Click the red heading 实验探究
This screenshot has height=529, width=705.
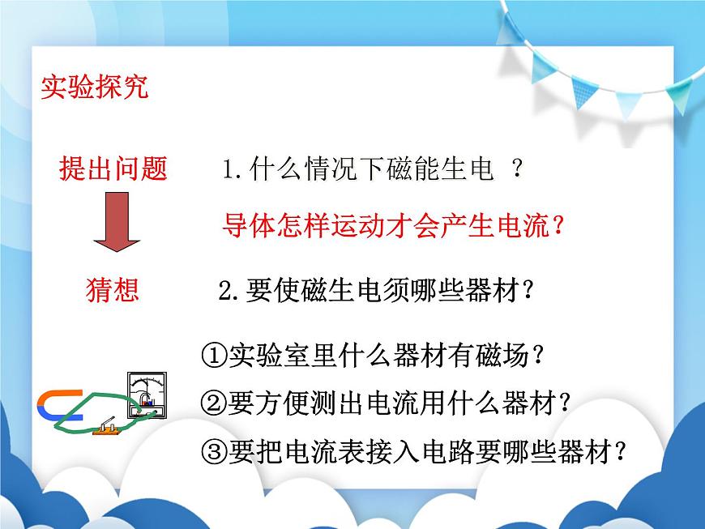point(95,87)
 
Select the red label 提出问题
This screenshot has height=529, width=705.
point(113,169)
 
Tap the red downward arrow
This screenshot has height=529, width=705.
point(117,222)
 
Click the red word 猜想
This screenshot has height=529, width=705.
point(113,290)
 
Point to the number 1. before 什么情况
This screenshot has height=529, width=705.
point(232,169)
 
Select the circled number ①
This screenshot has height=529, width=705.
point(214,355)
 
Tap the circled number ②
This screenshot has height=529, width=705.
point(214,403)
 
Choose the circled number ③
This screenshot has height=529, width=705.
point(214,450)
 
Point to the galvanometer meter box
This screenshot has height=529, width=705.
point(147,396)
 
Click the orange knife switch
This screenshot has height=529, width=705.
point(106,428)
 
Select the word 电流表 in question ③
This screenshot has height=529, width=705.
point(325,451)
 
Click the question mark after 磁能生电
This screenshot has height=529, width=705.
point(517,169)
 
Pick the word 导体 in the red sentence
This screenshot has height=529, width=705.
point(249,225)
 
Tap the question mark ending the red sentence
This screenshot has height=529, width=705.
point(558,224)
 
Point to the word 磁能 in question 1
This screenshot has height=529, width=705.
point(412,169)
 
